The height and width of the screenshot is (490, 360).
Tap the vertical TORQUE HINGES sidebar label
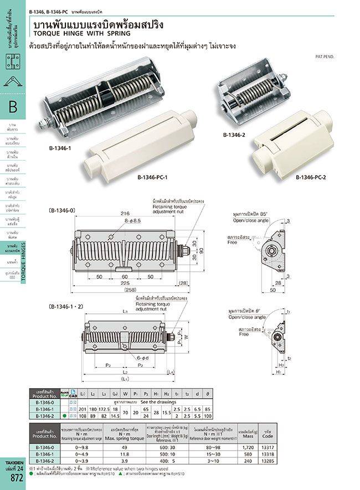[x=24, y=266]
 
